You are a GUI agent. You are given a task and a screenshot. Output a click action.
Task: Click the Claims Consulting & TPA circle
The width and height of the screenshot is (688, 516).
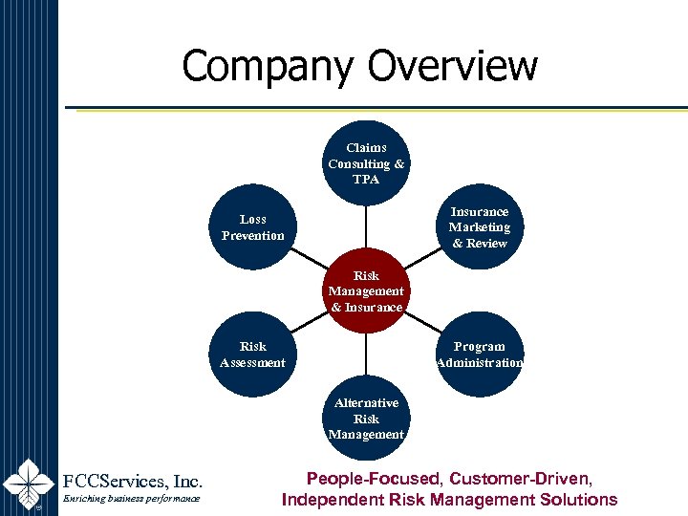(x=366, y=163)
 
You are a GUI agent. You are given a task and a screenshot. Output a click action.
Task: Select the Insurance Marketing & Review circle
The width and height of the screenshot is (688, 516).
(x=480, y=227)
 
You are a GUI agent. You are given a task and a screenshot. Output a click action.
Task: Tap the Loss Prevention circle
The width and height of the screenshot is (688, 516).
(x=252, y=227)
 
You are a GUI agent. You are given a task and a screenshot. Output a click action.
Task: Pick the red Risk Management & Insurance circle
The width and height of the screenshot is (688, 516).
(x=366, y=291)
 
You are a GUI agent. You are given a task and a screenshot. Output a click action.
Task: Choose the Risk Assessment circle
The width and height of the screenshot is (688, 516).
(x=252, y=355)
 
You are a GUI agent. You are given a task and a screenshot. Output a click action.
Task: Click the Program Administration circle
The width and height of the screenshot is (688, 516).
(x=480, y=355)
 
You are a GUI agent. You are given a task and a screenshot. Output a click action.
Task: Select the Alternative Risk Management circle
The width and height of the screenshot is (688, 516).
(x=366, y=419)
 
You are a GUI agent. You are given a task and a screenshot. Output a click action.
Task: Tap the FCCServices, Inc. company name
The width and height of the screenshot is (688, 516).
(x=133, y=480)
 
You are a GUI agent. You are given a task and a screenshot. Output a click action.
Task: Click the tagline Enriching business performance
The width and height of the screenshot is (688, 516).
(x=131, y=499)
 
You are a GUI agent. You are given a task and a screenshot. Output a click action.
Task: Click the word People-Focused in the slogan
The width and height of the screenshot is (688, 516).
(x=374, y=478)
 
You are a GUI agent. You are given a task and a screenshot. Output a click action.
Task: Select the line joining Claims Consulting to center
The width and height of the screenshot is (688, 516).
(x=366, y=229)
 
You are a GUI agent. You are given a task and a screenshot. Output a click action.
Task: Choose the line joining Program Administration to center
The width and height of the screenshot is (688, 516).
(x=423, y=323)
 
